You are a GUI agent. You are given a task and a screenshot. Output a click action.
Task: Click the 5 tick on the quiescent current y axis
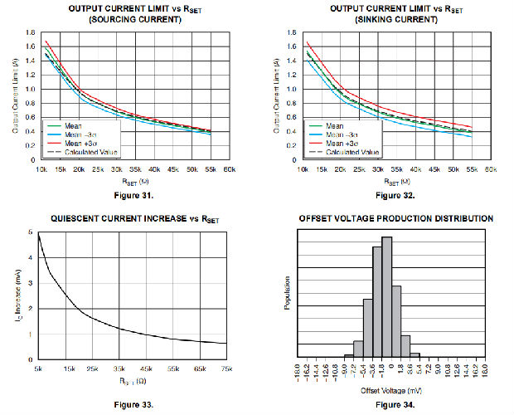coord(30,232)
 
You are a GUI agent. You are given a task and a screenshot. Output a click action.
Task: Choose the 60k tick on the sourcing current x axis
coord(230,169)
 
